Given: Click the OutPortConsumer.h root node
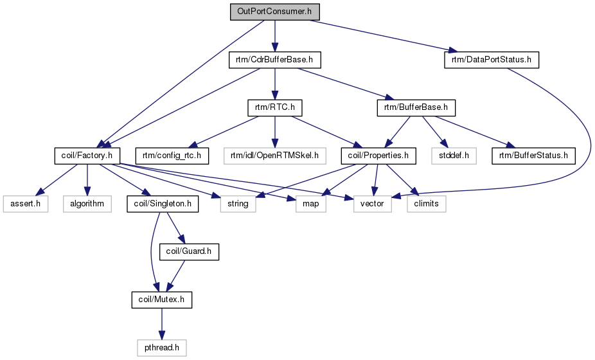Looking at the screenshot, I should tap(275, 12).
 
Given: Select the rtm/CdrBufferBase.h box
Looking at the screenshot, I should tap(275, 60).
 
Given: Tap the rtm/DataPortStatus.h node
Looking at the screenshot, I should tap(491, 60).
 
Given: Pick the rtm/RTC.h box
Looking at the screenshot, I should tap(275, 107).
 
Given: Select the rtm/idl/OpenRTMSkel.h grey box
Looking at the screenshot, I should tap(275, 155).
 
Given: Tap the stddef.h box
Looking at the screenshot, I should tap(453, 155).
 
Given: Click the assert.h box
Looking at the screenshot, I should tap(25, 203).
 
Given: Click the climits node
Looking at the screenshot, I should tap(426, 203).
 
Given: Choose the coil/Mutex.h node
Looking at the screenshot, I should tap(161, 299).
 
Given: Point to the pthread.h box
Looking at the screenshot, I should tap(161, 347).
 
